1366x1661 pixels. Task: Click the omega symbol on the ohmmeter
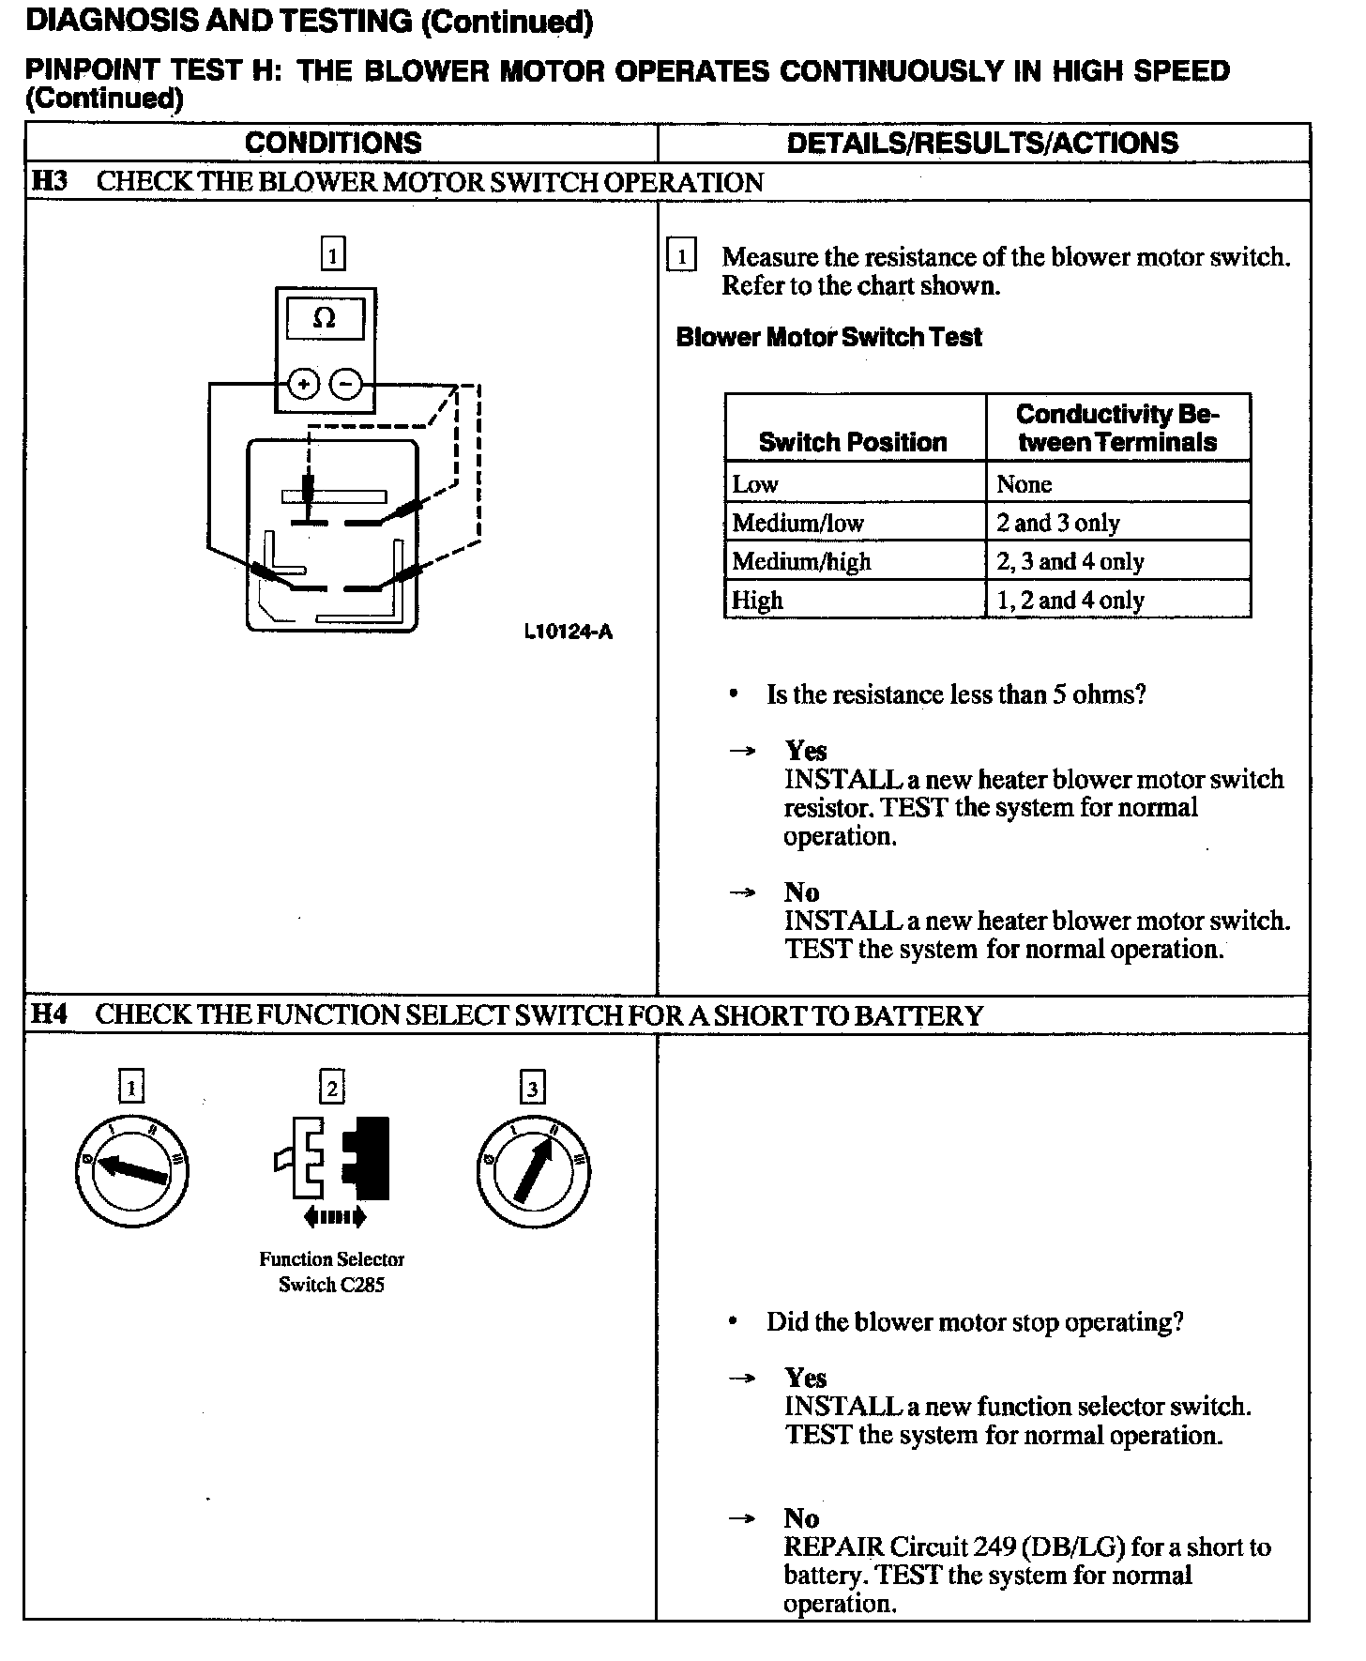point(324,318)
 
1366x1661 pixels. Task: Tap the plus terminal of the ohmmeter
point(303,384)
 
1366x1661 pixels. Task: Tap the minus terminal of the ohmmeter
point(346,384)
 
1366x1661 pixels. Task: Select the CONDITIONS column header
point(333,143)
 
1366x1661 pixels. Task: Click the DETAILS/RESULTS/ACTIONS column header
point(982,143)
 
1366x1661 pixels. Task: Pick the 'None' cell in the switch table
point(1024,484)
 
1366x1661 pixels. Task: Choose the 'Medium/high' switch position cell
point(801,561)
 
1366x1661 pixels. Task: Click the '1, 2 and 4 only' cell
point(1070,600)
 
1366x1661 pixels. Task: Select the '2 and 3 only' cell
point(1058,523)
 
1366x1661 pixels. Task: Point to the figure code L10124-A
point(568,632)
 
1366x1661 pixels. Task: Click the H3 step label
point(49,180)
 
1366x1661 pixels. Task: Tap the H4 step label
point(49,1014)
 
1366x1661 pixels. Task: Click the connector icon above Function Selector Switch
point(334,1159)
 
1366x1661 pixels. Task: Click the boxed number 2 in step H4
point(332,1088)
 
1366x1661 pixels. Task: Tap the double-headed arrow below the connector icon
point(334,1218)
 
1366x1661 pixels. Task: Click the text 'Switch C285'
point(331,1285)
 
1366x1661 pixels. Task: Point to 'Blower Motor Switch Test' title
point(828,337)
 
